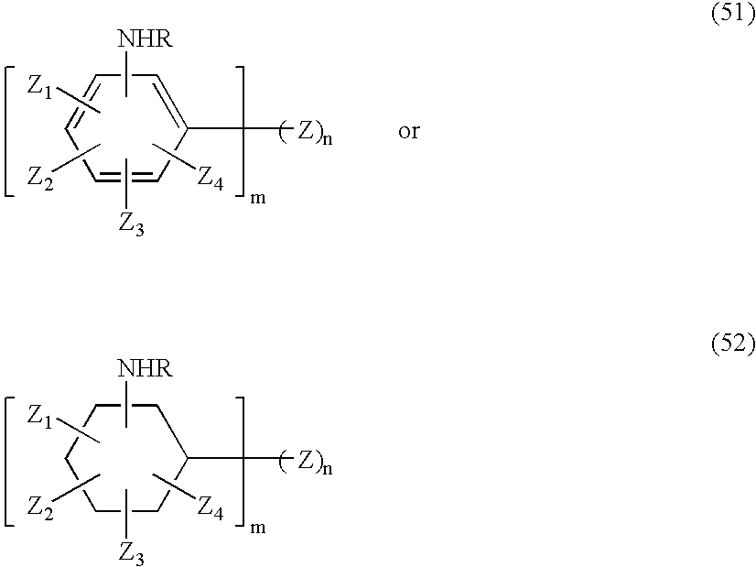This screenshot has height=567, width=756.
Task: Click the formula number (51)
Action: click(733, 14)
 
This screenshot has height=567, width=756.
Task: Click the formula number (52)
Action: click(733, 344)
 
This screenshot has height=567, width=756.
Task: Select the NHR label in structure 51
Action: click(146, 38)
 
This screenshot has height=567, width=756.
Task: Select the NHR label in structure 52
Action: click(146, 369)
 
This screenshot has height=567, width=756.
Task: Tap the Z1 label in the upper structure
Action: click(39, 88)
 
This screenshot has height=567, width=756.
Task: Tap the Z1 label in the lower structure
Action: click(39, 418)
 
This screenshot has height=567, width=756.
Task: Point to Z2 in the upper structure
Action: click(40, 179)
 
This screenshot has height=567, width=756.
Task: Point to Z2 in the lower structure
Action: click(40, 508)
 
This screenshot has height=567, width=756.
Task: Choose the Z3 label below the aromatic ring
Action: click(131, 224)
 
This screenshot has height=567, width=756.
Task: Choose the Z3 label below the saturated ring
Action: click(131, 554)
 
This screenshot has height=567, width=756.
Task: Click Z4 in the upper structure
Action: click(211, 179)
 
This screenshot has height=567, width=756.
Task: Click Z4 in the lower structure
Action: click(211, 508)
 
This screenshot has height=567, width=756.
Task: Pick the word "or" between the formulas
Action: click(409, 131)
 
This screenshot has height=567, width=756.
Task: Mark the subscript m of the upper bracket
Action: click(258, 198)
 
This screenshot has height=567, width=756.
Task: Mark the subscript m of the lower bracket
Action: click(258, 528)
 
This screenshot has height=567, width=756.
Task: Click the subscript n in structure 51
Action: click(328, 139)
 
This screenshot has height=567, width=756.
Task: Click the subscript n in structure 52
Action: click(328, 469)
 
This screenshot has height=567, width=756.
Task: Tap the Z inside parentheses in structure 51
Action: click(305, 130)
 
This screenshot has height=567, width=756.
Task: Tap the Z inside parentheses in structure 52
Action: click(305, 460)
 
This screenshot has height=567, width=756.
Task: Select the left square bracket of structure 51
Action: click(5, 132)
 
